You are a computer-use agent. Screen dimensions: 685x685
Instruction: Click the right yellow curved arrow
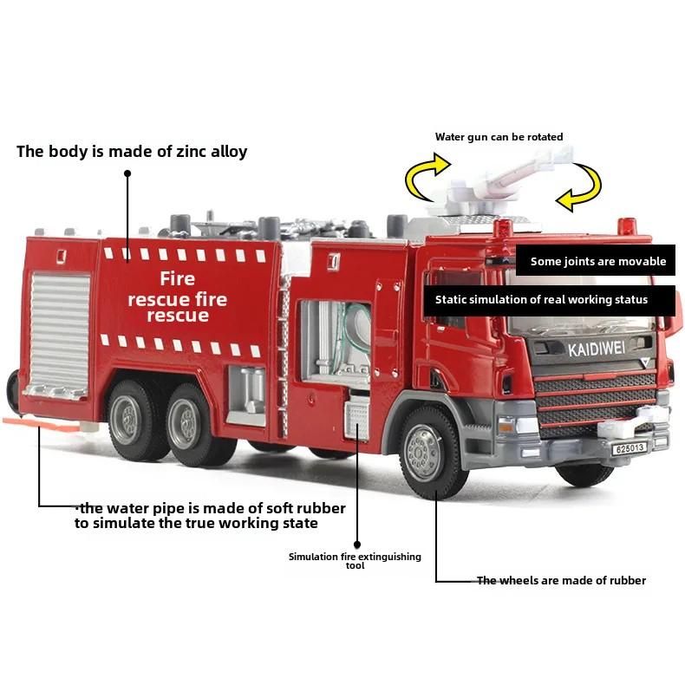click(x=579, y=188)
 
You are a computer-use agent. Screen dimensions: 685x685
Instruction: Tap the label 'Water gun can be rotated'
click(x=499, y=137)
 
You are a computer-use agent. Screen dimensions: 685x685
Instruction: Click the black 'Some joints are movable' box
click(x=597, y=260)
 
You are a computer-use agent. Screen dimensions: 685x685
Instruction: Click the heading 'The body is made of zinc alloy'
click(x=132, y=152)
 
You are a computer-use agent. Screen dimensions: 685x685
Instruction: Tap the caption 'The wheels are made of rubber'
click(x=561, y=580)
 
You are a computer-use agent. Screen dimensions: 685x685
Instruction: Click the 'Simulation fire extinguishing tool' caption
click(x=355, y=560)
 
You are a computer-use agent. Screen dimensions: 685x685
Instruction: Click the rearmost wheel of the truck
click(x=132, y=419)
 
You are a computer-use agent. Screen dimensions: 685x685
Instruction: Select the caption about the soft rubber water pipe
click(x=209, y=515)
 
